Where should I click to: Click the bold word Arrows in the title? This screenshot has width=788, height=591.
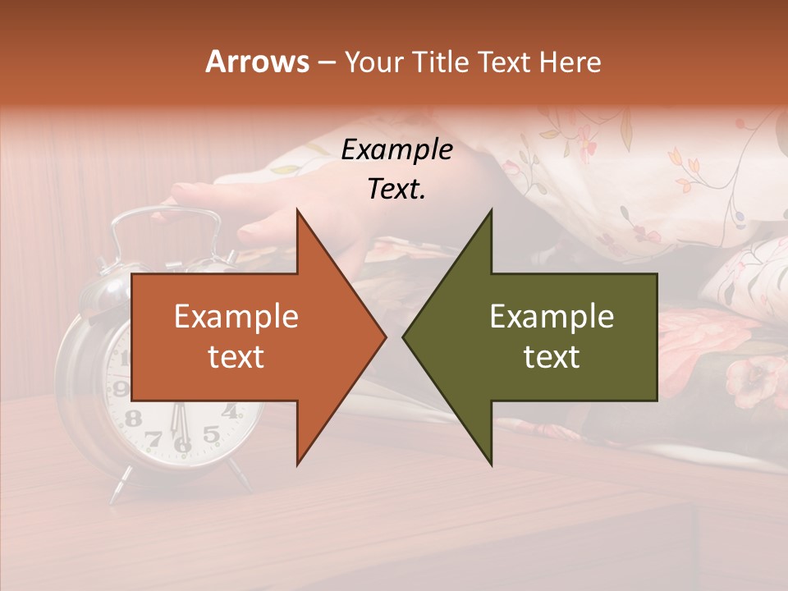pyautogui.click(x=258, y=62)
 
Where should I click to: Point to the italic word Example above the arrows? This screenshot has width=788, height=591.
pyautogui.click(x=396, y=149)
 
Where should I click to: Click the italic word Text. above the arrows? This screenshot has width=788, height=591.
pyautogui.click(x=396, y=190)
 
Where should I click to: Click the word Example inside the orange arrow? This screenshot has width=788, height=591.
pyautogui.click(x=236, y=317)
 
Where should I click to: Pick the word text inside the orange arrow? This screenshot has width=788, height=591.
pyautogui.click(x=236, y=357)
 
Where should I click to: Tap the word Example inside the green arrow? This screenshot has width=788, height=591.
pyautogui.click(x=552, y=317)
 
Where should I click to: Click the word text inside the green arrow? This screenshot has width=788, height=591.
pyautogui.click(x=552, y=357)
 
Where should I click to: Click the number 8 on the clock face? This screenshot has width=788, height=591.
pyautogui.click(x=132, y=418)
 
